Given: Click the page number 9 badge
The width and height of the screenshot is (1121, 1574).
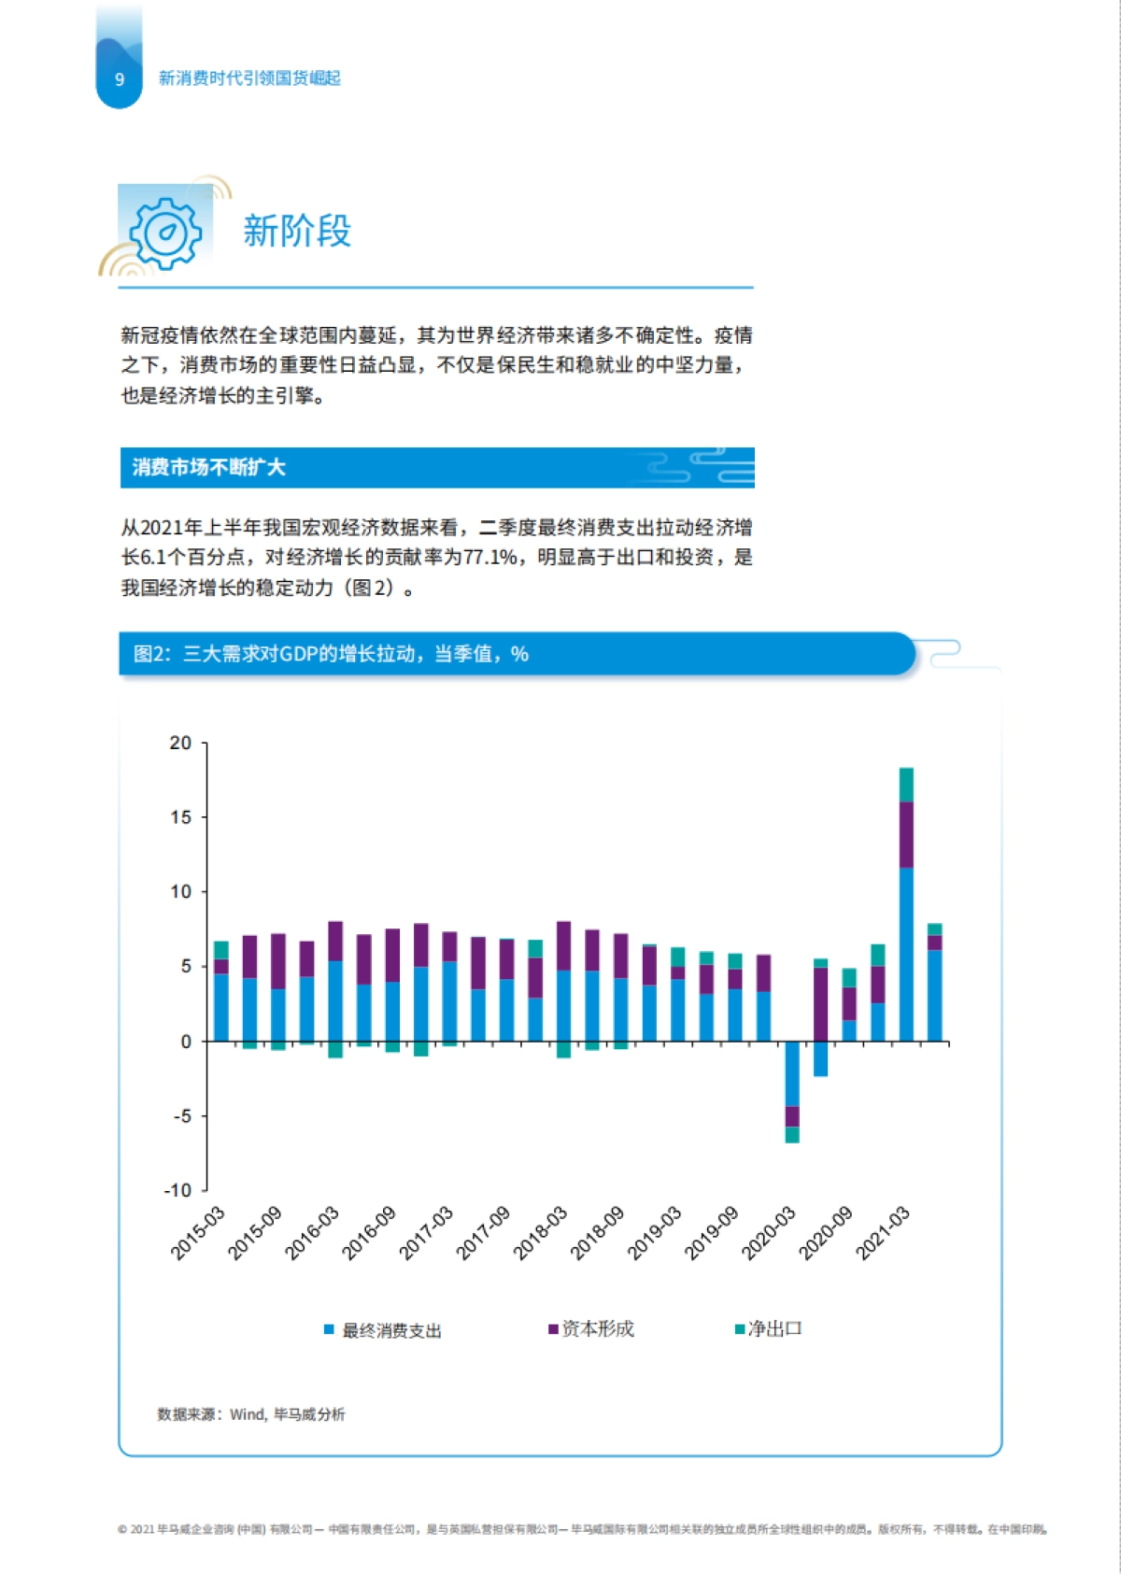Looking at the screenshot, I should (x=120, y=79).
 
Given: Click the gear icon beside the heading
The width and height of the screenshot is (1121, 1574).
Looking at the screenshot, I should (x=165, y=233).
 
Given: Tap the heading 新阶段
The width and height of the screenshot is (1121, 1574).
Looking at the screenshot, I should (x=297, y=231).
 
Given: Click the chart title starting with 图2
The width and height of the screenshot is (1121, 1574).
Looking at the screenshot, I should (x=331, y=654).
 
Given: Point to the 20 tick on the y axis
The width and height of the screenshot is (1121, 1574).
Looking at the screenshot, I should (x=180, y=744).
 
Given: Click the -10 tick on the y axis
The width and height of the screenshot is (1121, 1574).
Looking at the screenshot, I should (x=177, y=1190).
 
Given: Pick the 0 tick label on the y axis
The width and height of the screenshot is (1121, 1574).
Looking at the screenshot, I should (x=186, y=1042).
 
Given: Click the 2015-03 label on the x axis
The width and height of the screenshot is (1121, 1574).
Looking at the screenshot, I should (x=198, y=1233).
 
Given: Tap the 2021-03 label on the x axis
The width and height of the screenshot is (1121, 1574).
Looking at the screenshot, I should (x=883, y=1233).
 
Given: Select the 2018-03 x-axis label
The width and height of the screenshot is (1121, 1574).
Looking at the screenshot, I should (x=541, y=1233).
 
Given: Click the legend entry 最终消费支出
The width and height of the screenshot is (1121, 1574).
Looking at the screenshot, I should (x=391, y=1330).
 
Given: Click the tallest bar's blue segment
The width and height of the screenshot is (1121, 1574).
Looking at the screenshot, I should (x=906, y=953).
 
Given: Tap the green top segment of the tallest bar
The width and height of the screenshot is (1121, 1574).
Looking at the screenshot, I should (x=906, y=785).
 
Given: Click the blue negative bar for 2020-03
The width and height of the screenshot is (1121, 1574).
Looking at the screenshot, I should (x=792, y=1074).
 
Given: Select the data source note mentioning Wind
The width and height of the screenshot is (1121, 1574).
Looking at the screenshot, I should (x=251, y=1414).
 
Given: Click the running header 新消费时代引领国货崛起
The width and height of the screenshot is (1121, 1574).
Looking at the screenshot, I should (x=249, y=78).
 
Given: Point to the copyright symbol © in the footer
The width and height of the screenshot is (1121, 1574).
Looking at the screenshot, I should (x=122, y=1530).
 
